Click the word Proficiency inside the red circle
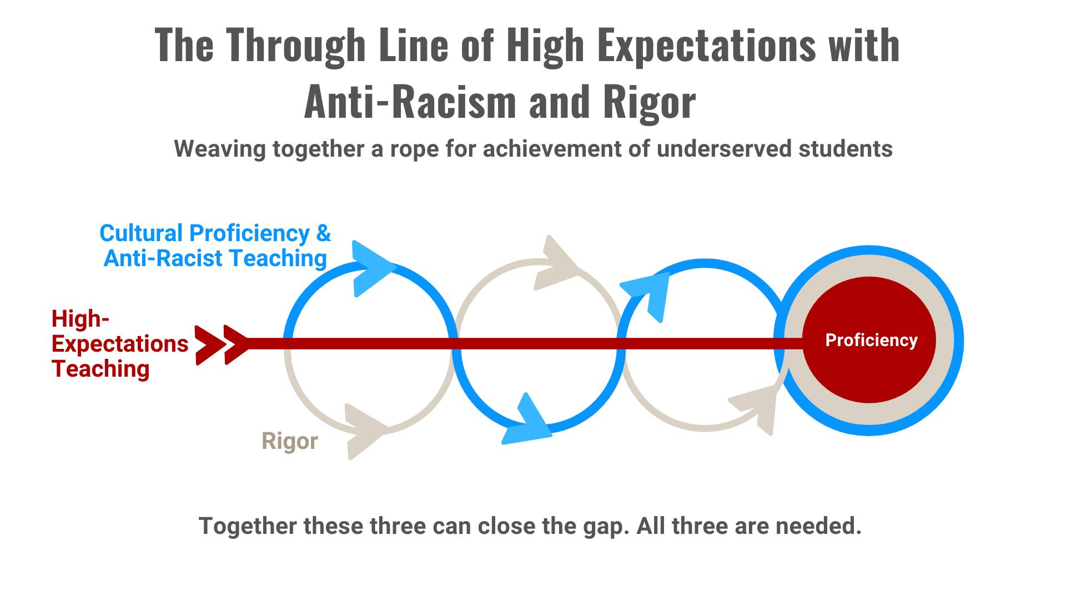(871, 340)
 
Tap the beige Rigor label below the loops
(290, 441)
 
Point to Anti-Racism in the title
(410, 102)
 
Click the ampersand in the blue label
(324, 233)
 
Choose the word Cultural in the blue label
(142, 233)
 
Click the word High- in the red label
(81, 319)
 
